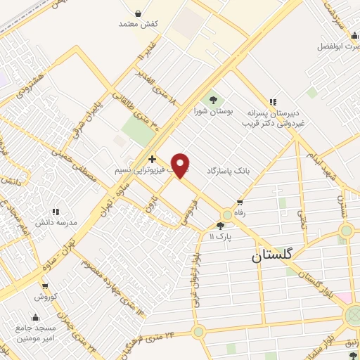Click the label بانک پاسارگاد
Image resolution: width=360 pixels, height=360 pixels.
229,171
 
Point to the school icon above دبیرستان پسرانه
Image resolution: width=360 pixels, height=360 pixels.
271,101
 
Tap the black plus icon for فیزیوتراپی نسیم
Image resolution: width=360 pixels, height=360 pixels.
153,160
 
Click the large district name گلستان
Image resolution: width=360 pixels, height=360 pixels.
270,257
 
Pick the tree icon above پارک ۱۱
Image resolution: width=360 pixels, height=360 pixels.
221,226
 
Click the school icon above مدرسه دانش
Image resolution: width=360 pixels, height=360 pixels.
55,212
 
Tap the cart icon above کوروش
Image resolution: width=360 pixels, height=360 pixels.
44,286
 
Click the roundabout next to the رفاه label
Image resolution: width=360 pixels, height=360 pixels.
228,214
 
